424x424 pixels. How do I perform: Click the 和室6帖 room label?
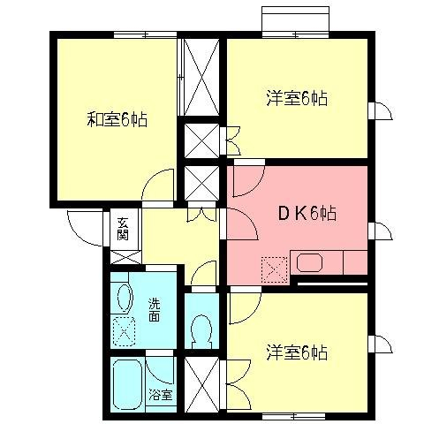coord(117,119)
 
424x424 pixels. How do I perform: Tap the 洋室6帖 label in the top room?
coord(297,97)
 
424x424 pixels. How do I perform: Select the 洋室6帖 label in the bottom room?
coord(297,352)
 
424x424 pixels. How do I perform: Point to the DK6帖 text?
coord(306,214)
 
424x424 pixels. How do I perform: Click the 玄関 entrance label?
coord(123,229)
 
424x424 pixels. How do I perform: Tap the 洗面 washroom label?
coord(153,310)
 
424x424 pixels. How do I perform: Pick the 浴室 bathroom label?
coord(159,394)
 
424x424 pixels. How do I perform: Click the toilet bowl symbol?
coord(200,331)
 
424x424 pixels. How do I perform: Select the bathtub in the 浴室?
coord(127,385)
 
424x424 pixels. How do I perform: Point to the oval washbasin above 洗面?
coord(124,298)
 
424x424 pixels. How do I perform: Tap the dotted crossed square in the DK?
coord(275,267)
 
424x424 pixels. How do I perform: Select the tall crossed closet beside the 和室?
coord(201,79)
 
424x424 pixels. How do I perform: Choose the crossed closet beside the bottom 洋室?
coord(200,382)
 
